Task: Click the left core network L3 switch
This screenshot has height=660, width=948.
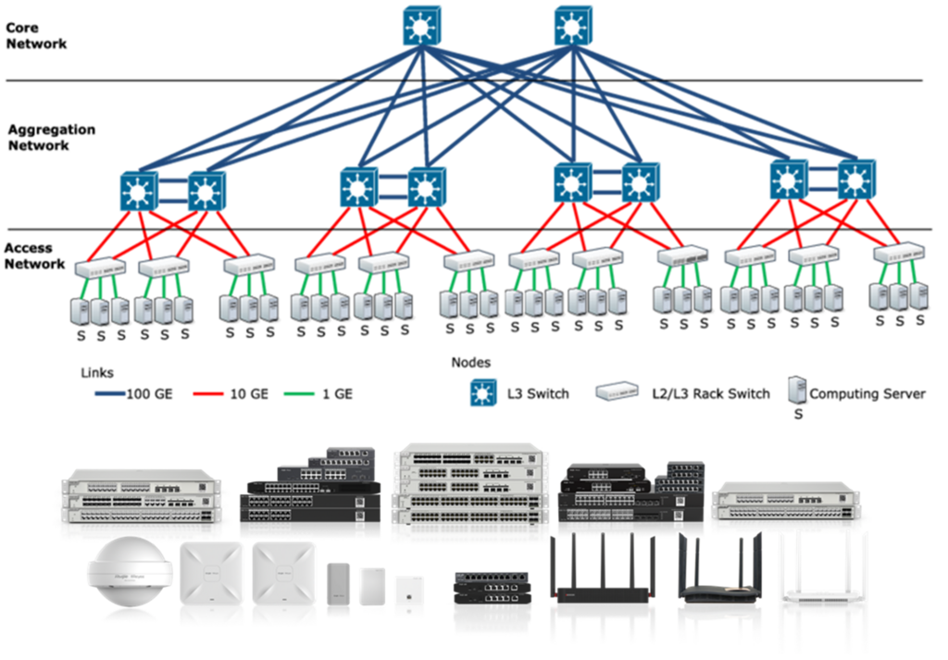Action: click(x=421, y=27)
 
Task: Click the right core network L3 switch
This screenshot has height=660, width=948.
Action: click(x=571, y=27)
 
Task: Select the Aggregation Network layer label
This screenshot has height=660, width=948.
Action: click(x=52, y=137)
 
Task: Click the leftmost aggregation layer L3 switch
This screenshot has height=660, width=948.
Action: click(x=139, y=191)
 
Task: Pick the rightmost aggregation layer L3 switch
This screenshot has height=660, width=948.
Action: click(x=854, y=181)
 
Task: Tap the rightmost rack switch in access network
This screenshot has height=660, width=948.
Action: click(x=897, y=252)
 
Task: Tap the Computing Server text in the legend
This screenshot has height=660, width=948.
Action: click(x=867, y=393)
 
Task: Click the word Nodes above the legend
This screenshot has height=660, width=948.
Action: click(x=471, y=362)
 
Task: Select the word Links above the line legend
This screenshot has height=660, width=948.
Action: click(x=97, y=373)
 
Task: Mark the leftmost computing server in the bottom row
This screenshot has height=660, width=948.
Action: click(x=80, y=310)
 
